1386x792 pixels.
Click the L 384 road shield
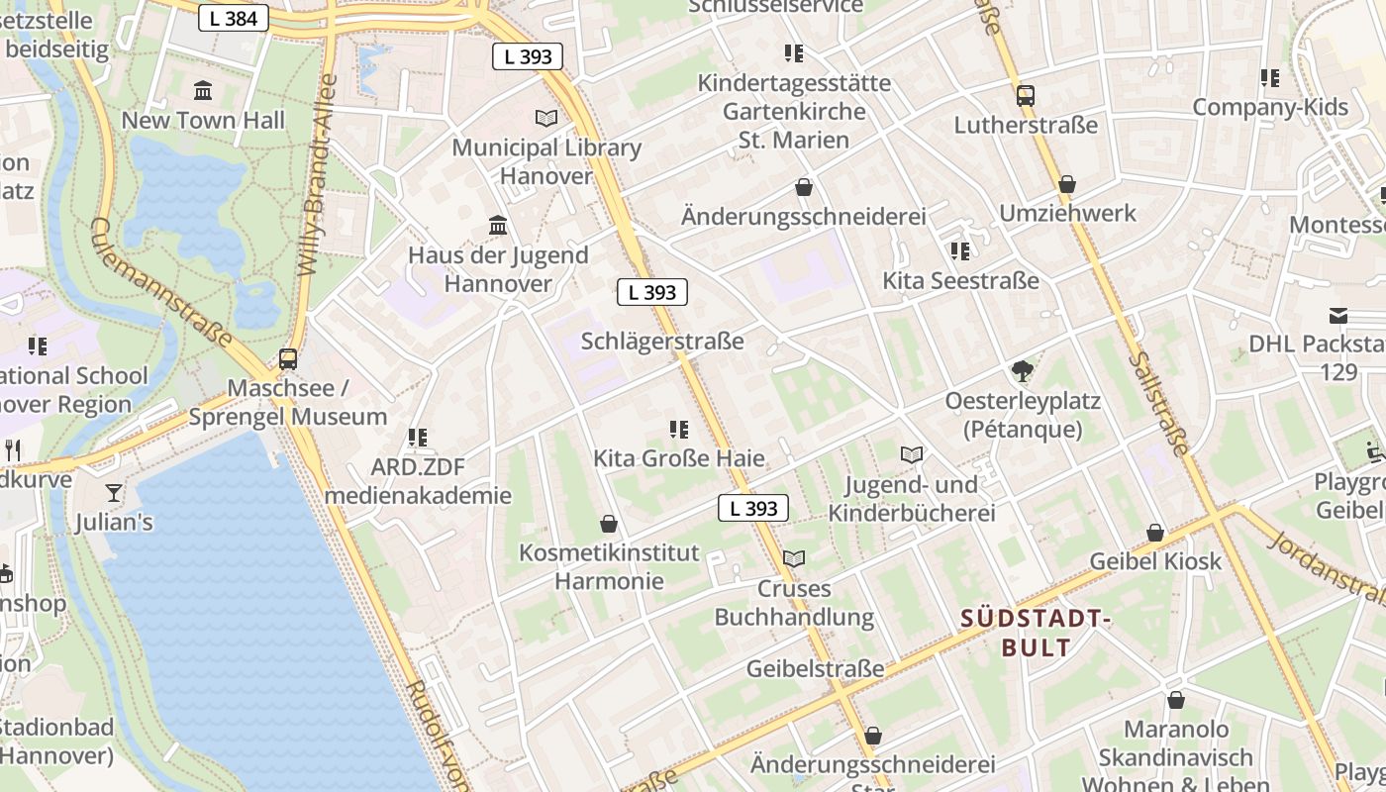point(234,18)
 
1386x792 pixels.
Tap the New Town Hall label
point(203,121)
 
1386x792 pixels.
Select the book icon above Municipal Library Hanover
point(546,118)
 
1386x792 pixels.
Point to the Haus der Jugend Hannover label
point(498,269)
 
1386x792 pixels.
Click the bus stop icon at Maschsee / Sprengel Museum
point(288,359)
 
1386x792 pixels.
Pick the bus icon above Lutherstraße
point(1026,96)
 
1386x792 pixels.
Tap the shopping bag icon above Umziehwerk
point(1067,184)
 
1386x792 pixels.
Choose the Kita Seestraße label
point(960,280)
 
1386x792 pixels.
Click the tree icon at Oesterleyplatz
point(1023,371)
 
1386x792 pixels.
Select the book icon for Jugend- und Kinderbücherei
point(912,454)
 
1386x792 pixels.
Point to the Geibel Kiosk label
point(1155,561)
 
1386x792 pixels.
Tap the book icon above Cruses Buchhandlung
point(794,558)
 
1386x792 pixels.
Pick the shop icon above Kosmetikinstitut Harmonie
point(609,523)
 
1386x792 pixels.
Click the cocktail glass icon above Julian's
point(115,492)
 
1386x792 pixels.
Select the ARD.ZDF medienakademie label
point(418,481)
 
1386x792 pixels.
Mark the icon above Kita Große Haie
point(679,429)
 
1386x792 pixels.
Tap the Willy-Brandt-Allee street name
point(317,174)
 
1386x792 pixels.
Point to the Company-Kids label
point(1270,107)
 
